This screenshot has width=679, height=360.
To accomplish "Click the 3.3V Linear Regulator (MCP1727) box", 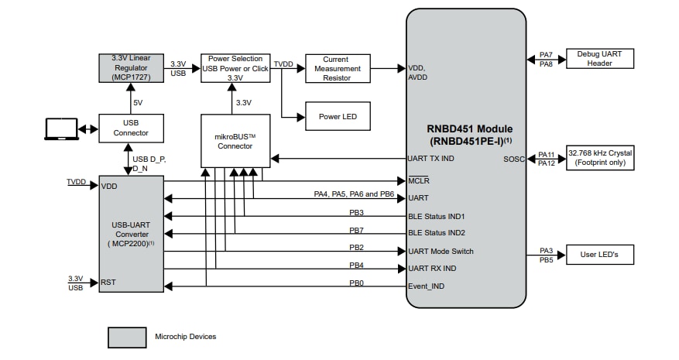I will [131, 68].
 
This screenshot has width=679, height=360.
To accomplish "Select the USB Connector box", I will [131, 128].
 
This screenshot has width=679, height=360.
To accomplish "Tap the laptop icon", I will [60, 129].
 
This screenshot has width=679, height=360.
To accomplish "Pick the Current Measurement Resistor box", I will [337, 68].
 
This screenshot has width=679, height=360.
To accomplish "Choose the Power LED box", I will [337, 116].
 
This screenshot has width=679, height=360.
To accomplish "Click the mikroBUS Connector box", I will [235, 140].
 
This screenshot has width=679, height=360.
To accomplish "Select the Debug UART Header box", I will [599, 59].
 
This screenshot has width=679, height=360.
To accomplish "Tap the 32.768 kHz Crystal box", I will [599, 158].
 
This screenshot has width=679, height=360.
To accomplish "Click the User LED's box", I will [599, 254].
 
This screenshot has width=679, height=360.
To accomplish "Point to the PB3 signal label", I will [356, 212].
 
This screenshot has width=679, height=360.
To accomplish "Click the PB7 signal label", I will [356, 230].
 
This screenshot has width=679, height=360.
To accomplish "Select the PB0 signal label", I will [356, 283].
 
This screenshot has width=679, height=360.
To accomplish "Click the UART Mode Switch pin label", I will [440, 252].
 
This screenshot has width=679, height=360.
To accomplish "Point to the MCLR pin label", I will [418, 181].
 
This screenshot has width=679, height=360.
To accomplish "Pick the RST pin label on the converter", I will [108, 283].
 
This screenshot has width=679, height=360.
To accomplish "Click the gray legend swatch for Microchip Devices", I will [126, 337].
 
